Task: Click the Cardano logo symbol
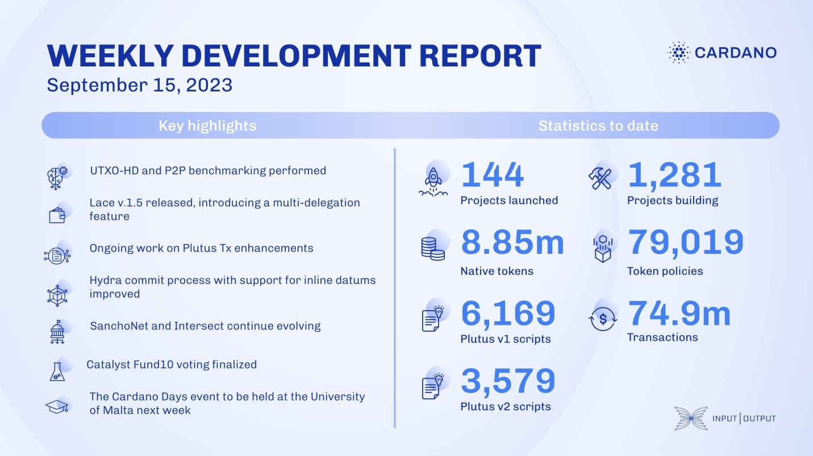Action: click(x=678, y=53)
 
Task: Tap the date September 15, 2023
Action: click(x=139, y=85)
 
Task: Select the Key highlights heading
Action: click(x=207, y=125)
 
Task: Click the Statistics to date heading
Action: click(x=598, y=125)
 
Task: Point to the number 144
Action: click(x=492, y=174)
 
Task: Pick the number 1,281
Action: click(x=674, y=175)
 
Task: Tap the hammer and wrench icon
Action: click(x=600, y=178)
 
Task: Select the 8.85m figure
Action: click(x=512, y=242)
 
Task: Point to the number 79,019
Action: click(x=686, y=242)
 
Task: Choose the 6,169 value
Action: click(x=508, y=313)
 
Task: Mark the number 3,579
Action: click(x=508, y=381)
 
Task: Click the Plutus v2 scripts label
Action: click(x=506, y=407)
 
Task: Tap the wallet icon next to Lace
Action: click(x=57, y=215)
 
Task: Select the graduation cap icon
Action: click(x=57, y=406)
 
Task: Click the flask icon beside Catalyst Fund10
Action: click(x=57, y=372)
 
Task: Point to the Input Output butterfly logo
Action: click(x=691, y=419)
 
